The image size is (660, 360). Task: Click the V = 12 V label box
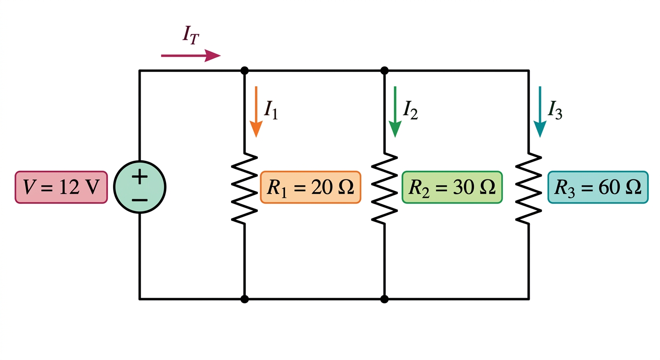tap(61, 187)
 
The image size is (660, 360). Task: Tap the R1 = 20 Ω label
tap(311, 187)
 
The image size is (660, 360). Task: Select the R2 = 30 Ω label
tap(452, 187)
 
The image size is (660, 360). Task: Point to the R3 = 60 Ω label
tap(598, 187)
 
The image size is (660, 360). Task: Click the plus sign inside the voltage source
tap(140, 177)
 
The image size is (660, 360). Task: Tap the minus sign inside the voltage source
tap(140, 200)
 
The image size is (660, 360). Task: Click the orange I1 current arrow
tap(256, 112)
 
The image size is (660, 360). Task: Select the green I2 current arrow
tap(395, 112)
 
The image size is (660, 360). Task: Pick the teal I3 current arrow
tap(540, 112)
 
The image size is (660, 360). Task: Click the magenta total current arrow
tap(191, 55)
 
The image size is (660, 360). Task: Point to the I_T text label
tap(191, 35)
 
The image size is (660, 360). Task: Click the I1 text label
tap(271, 110)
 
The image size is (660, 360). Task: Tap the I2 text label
tap(410, 110)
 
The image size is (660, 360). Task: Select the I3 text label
tap(555, 110)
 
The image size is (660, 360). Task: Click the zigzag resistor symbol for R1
tap(244, 188)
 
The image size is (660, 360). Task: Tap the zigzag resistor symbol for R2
tap(384, 188)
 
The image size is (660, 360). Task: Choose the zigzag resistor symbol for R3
tap(529, 188)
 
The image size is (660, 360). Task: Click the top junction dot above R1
tap(244, 71)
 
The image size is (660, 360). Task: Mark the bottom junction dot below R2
tap(384, 299)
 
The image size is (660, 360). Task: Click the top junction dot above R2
tap(384, 71)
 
